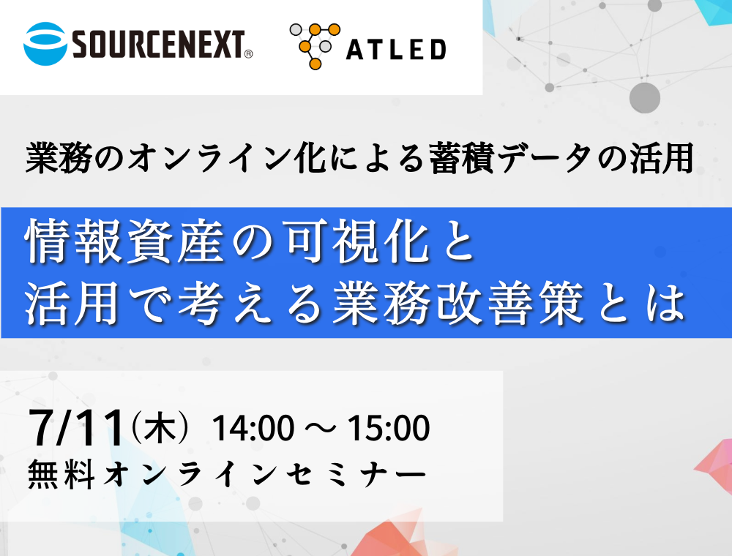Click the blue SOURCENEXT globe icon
(x=45, y=43)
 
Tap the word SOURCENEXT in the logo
(x=159, y=45)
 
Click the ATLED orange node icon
(x=315, y=46)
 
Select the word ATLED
(x=396, y=50)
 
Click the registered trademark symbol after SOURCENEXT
(x=249, y=54)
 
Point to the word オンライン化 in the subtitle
(x=226, y=158)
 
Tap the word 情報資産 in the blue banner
(x=125, y=241)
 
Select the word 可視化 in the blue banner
(x=358, y=241)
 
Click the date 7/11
(x=77, y=428)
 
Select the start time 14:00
(x=253, y=428)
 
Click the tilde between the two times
(x=321, y=428)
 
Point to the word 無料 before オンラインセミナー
(x=61, y=474)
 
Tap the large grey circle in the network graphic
(x=645, y=98)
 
